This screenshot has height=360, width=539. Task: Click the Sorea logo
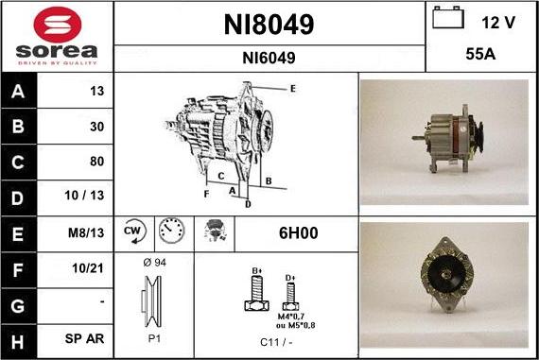(57, 36)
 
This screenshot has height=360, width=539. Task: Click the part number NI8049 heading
(269, 25)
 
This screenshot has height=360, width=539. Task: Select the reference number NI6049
(269, 58)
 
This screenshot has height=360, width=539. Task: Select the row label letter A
(19, 93)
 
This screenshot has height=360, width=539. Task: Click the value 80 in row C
(96, 161)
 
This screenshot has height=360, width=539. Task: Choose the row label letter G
(19, 303)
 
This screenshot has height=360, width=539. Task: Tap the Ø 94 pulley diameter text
(153, 262)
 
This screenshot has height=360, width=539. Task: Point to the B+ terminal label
(255, 272)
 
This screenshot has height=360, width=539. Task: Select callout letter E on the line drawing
(293, 88)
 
